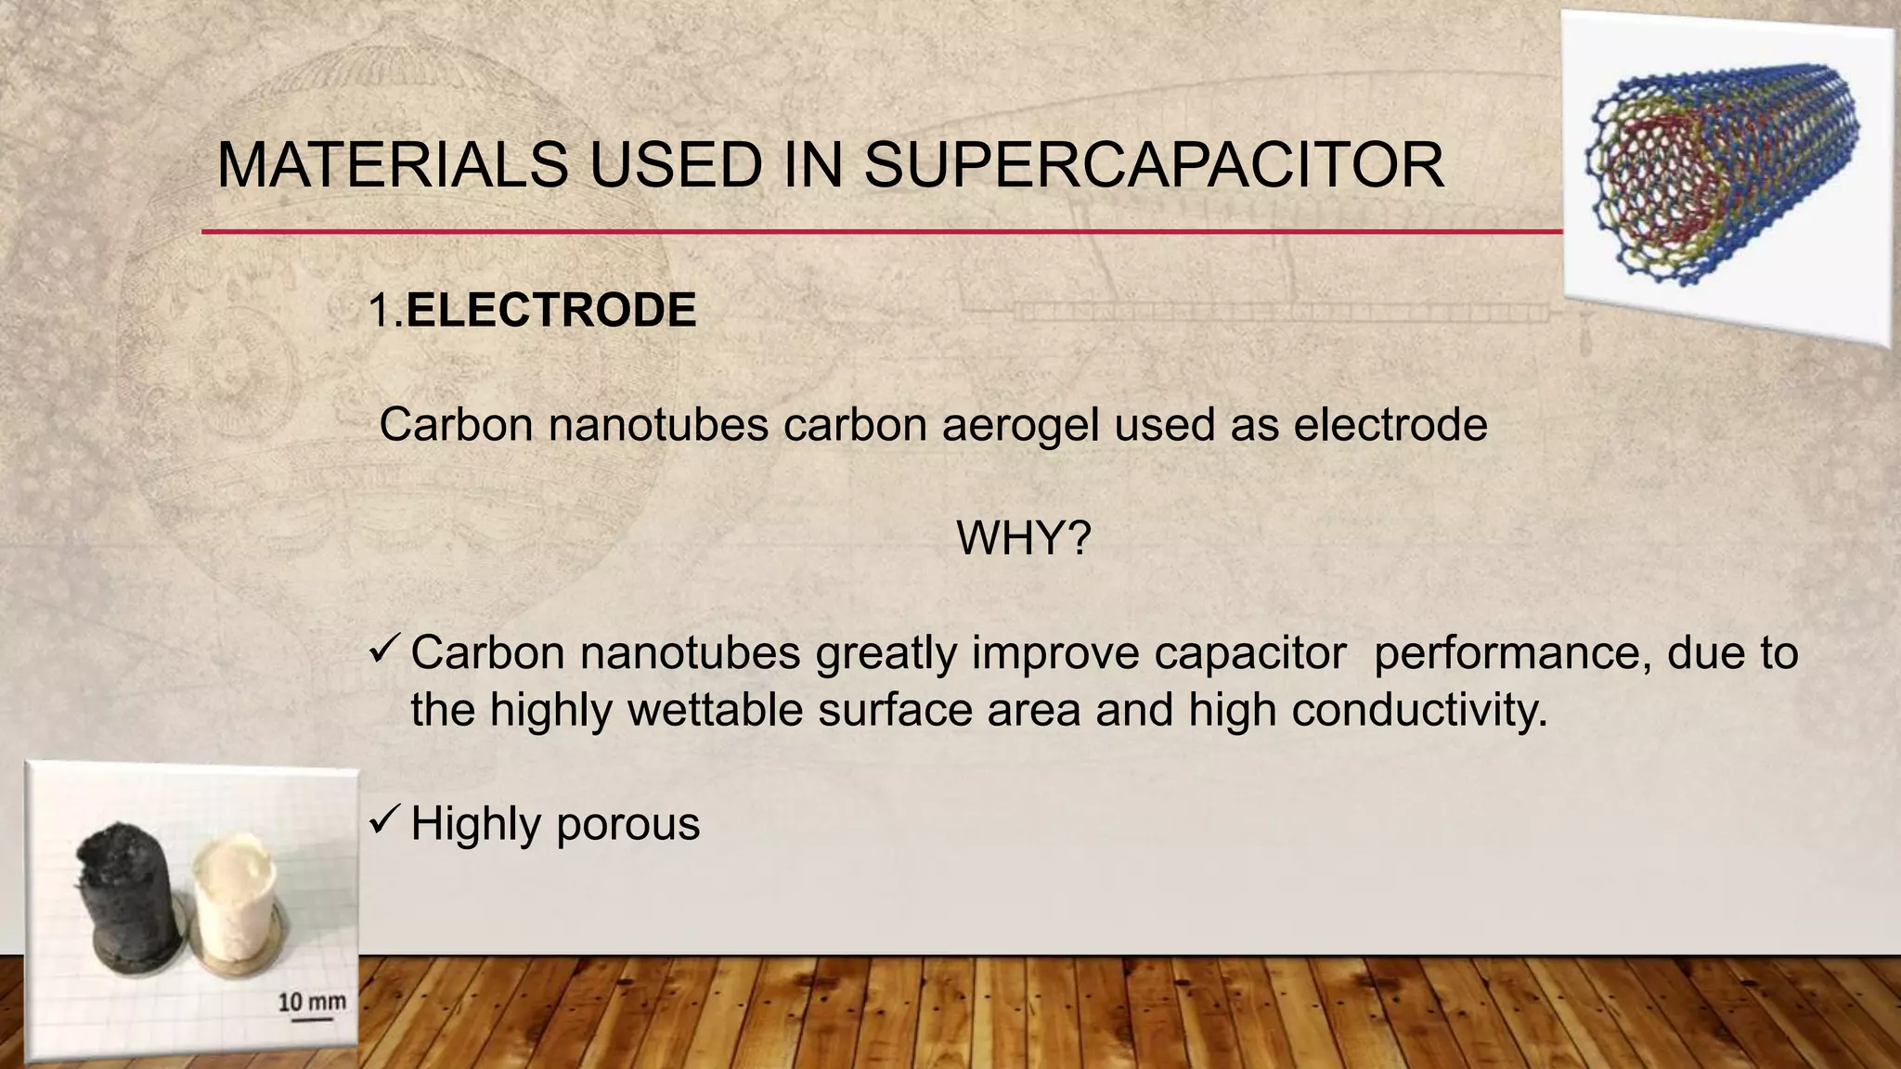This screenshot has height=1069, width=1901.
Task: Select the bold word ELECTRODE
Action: click(x=551, y=310)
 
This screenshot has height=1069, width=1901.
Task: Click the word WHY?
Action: click(x=1023, y=538)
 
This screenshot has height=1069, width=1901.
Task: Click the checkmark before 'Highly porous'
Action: click(x=384, y=820)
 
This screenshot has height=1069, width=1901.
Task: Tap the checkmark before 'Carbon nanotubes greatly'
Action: click(x=384, y=650)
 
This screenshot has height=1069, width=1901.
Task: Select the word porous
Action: click(x=627, y=824)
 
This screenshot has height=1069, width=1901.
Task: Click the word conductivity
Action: click(x=1419, y=711)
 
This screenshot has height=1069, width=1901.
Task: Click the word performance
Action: click(x=1512, y=654)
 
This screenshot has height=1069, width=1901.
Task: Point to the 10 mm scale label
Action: click(x=312, y=1001)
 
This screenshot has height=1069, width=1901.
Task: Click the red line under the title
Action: click(x=882, y=231)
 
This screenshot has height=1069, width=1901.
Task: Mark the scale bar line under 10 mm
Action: click(x=312, y=1019)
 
